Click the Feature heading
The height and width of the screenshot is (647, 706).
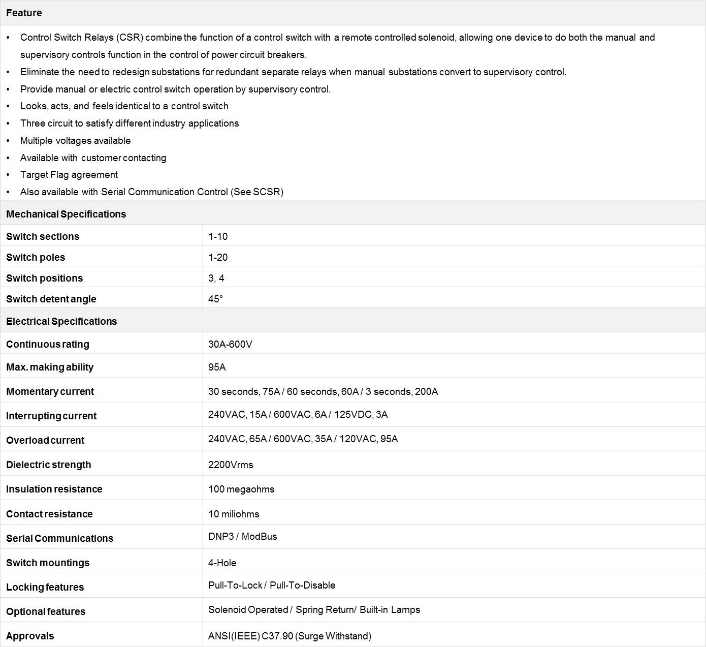(24, 13)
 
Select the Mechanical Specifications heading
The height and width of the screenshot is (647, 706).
(66, 214)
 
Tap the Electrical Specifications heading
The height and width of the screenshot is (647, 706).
(61, 321)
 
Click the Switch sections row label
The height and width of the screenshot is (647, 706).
(43, 236)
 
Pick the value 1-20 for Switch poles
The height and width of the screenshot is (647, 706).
(218, 257)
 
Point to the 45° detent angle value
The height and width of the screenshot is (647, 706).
(215, 299)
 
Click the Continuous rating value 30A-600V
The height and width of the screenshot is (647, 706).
(230, 344)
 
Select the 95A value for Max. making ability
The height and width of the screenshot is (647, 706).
(217, 367)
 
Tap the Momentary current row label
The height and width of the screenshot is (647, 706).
(50, 391)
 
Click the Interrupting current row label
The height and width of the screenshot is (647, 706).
(51, 416)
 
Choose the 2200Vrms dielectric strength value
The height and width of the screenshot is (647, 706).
(231, 465)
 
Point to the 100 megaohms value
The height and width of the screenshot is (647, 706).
(241, 489)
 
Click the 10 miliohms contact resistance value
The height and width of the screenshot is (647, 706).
(234, 514)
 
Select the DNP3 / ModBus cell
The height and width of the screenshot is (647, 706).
(243, 536)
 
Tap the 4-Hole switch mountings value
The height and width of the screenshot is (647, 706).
(222, 563)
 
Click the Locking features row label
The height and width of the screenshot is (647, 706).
(45, 587)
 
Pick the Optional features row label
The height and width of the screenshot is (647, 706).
(46, 611)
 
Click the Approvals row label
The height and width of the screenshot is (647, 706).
(30, 636)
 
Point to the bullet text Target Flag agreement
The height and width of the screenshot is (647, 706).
(69, 174)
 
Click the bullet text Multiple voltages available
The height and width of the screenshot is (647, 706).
(75, 140)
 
